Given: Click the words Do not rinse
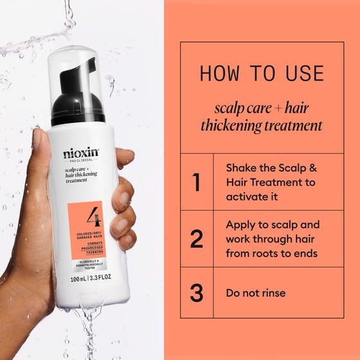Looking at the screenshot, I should click(x=255, y=293).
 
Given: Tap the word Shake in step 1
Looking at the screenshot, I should click(x=241, y=168).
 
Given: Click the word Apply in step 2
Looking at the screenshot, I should click(x=240, y=225).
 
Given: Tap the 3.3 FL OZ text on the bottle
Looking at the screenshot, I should click(x=99, y=279).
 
